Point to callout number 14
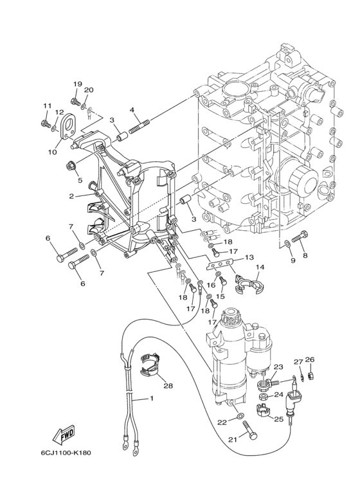[x=260, y=267]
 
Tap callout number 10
[x=52, y=152]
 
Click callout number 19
[x=77, y=84]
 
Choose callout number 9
[x=292, y=260]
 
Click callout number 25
[x=278, y=419]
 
